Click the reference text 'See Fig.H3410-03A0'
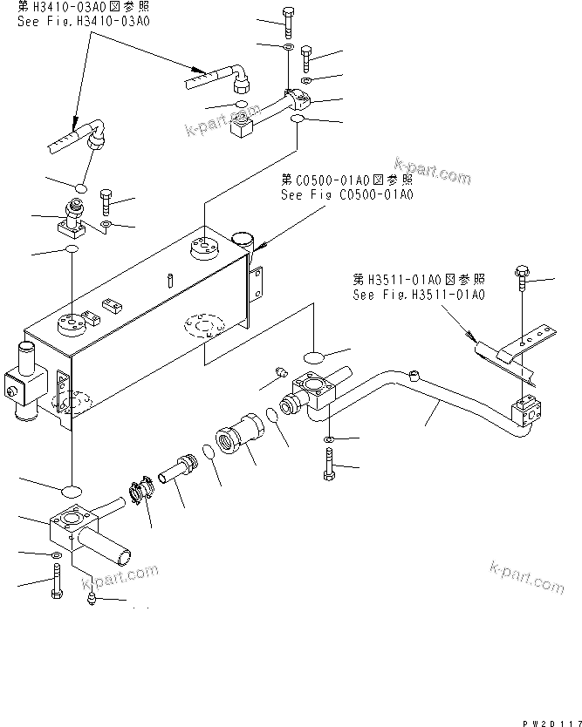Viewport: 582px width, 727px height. tap(83, 20)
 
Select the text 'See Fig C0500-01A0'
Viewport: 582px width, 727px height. tap(346, 194)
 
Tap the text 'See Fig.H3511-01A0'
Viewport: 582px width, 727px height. tap(418, 295)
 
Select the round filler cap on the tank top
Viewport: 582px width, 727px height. tap(242, 240)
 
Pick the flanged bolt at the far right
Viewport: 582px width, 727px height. tap(522, 275)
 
